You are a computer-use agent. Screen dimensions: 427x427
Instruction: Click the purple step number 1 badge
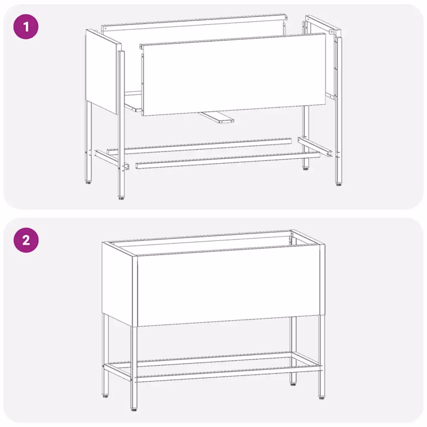click(26, 26)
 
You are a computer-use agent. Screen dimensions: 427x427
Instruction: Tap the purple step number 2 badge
click(26, 240)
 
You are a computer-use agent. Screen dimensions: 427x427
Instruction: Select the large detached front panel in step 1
click(233, 74)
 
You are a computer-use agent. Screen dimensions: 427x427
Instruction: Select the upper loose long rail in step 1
click(199, 145)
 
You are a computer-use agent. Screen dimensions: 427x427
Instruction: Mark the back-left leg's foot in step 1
click(88, 183)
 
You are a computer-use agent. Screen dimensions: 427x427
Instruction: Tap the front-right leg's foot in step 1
click(339, 184)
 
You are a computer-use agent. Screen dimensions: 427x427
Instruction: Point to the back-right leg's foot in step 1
click(306, 168)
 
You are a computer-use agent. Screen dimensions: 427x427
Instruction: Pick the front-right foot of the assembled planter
click(321, 397)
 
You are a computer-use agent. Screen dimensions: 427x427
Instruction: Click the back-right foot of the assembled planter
click(294, 383)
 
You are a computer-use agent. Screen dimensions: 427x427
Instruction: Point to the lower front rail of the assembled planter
click(227, 376)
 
